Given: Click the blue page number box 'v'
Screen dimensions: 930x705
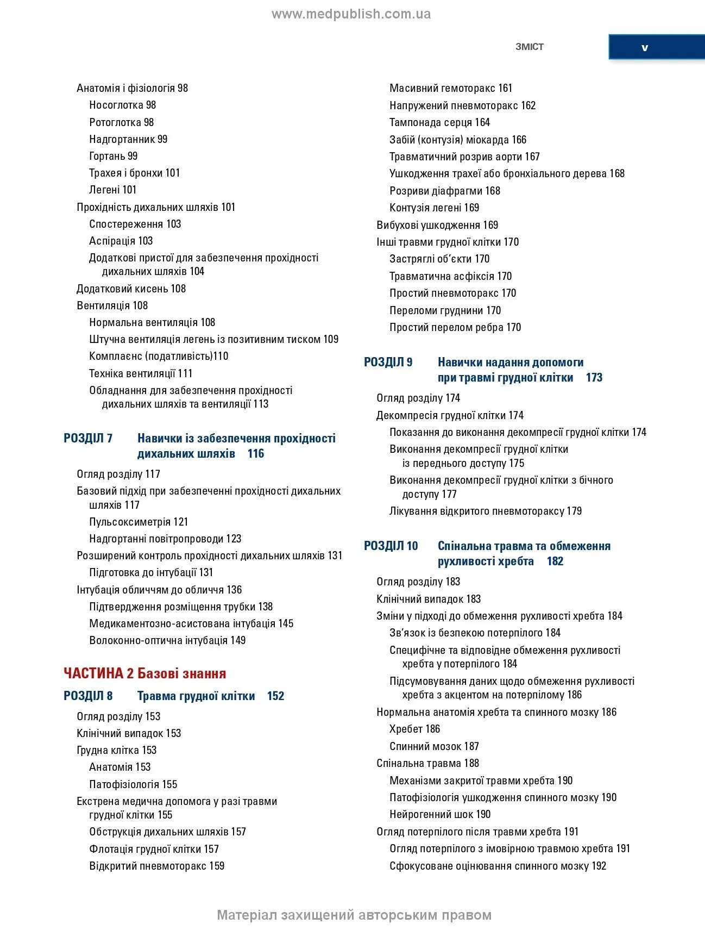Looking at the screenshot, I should [645, 47].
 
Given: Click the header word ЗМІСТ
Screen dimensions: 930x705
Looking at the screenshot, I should [529, 47].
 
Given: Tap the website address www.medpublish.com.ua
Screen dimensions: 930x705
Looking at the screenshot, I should [351, 14].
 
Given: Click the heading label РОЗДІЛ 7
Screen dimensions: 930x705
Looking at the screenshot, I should [88, 438].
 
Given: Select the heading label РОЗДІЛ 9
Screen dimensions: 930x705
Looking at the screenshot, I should [388, 362].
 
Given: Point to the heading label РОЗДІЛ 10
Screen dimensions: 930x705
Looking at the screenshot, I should [391, 546].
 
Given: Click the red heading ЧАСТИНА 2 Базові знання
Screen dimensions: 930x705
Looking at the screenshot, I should [144, 673].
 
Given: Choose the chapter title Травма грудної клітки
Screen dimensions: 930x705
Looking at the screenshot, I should [196, 696].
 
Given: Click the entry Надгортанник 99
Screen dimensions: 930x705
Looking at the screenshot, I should [128, 139].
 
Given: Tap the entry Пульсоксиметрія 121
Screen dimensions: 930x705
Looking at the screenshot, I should [139, 522].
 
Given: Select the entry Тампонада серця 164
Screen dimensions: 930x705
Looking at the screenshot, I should [439, 122].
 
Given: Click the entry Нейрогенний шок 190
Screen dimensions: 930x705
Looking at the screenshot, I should [440, 814].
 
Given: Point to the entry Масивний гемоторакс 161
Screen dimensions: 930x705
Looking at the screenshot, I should [451, 88].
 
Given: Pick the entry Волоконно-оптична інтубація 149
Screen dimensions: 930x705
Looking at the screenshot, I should [167, 640].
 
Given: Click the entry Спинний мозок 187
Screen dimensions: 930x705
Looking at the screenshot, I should [434, 746].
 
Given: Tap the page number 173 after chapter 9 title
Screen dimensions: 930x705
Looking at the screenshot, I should [594, 378].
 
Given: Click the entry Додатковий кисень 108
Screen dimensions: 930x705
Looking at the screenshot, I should [131, 289].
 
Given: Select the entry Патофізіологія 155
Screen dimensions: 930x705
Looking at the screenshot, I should [133, 784].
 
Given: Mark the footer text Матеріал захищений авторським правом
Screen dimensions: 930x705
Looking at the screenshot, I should [354, 915].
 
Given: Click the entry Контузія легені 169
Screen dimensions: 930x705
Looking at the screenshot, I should [434, 208].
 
